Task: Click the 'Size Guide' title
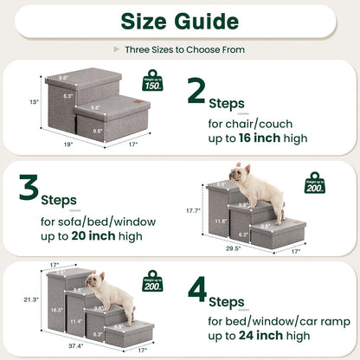[x=179, y=20]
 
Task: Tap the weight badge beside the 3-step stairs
[x=315, y=183]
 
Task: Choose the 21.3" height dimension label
[x=32, y=300]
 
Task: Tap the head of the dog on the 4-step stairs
[x=95, y=281]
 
